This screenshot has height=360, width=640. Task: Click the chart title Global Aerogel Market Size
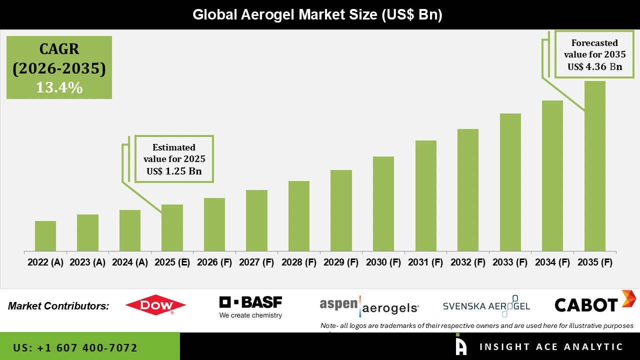(317, 15)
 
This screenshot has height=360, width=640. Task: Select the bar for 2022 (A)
(45, 236)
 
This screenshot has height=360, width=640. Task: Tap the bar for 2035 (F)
(594, 166)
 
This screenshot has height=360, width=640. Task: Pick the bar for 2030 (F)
(383, 203)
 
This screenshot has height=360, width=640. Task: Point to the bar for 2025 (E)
(172, 227)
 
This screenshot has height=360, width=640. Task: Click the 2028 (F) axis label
(299, 262)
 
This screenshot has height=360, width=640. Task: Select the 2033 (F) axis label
(510, 262)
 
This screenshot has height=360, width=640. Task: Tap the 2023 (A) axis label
(87, 262)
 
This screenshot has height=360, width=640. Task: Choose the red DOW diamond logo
(155, 305)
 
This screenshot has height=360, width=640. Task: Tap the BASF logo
(250, 307)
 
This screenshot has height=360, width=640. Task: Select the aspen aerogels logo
(369, 305)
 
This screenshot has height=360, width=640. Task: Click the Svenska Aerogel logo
(486, 306)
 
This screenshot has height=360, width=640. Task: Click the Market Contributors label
(58, 306)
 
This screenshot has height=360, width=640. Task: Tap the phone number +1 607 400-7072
(75, 347)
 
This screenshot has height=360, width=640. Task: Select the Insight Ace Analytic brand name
(551, 347)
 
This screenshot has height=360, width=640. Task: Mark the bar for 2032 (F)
(468, 190)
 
